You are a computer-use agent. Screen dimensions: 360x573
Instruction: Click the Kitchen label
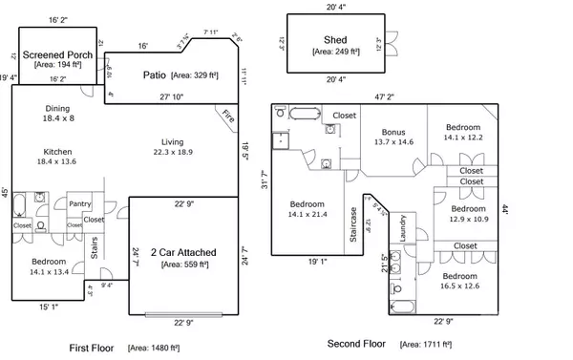[59, 151]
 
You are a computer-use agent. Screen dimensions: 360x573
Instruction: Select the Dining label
[59, 110]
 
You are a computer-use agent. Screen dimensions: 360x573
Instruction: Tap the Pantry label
[79, 202]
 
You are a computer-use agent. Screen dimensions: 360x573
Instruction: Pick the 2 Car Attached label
[184, 252]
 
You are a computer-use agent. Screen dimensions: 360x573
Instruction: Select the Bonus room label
[393, 132]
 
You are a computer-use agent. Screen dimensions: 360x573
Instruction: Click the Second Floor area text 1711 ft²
[428, 344]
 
